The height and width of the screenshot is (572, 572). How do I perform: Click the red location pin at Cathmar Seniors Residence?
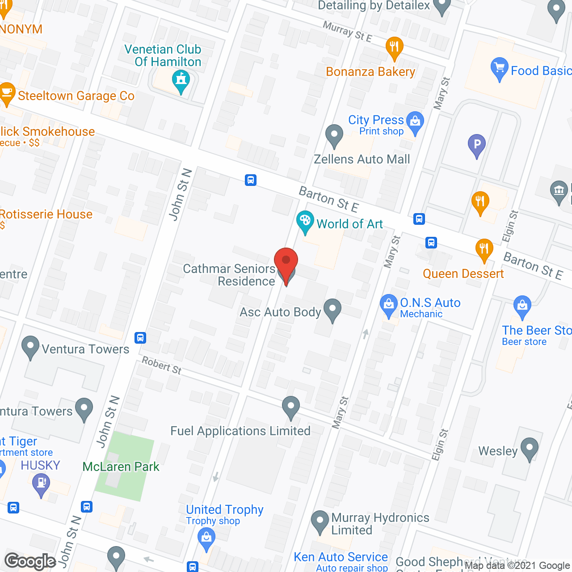(286, 261)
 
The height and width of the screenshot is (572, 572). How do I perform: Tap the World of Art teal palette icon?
(305, 221)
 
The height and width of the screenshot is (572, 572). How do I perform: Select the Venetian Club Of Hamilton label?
(163, 55)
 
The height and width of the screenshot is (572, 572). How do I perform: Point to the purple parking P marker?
(477, 144)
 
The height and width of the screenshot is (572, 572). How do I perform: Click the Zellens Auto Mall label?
(362, 160)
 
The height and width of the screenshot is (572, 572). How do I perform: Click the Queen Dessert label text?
(463, 273)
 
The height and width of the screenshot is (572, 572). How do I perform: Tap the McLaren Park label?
(121, 467)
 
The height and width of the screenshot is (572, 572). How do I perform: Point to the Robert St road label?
(162, 365)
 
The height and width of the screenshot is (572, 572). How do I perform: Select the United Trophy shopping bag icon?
(206, 537)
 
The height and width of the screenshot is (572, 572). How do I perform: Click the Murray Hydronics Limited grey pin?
(320, 521)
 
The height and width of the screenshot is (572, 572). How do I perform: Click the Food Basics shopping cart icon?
(499, 68)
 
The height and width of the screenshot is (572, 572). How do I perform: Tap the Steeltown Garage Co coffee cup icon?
(7, 93)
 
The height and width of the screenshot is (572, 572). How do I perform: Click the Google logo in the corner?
(30, 561)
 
